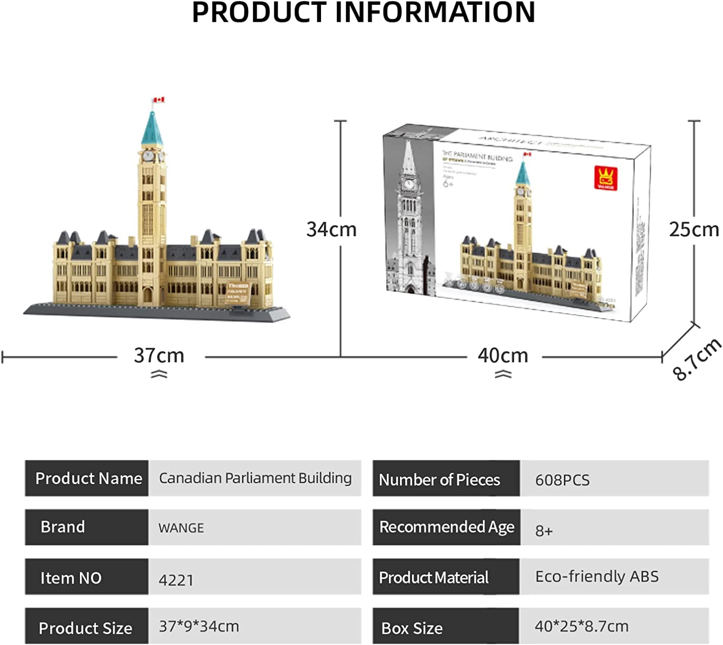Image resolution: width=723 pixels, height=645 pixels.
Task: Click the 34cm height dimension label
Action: (332, 229)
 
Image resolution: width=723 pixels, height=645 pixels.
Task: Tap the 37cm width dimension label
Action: (159, 356)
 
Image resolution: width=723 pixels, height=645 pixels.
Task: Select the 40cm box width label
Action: (503, 356)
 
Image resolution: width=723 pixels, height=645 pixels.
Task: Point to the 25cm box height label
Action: (694, 229)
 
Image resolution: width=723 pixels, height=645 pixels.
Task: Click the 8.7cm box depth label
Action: (697, 359)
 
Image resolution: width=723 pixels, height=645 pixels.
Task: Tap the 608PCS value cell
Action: (562, 480)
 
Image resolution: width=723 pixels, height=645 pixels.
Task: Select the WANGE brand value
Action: (181, 528)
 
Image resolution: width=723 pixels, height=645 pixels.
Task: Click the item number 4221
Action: (176, 580)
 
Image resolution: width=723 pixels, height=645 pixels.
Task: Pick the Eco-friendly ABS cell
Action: (597, 577)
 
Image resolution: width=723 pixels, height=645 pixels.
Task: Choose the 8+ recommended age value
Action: (544, 531)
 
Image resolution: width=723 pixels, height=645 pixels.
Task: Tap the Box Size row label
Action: (412, 628)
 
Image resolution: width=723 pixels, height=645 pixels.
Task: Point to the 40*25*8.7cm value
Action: (581, 626)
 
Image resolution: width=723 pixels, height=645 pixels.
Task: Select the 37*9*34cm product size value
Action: (199, 626)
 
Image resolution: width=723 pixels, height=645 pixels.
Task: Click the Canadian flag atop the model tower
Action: (159, 100)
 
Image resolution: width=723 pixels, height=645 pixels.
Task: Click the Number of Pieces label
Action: (440, 480)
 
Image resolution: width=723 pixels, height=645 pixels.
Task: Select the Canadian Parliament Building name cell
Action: (255, 478)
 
